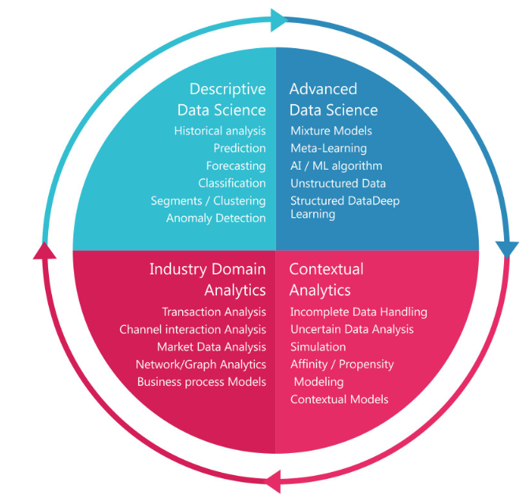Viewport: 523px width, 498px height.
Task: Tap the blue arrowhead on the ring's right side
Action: click(507, 249)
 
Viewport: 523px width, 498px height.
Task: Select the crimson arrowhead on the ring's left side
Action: click(45, 249)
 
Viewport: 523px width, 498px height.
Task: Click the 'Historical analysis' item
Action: click(219, 131)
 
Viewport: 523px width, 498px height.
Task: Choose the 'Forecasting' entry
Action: click(236, 166)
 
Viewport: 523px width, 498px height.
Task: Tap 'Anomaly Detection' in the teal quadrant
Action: click(215, 218)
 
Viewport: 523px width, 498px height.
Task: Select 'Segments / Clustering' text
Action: click(208, 200)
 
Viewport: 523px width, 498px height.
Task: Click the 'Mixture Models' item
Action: click(331, 131)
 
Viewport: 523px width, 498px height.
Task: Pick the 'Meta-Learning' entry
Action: click(328, 148)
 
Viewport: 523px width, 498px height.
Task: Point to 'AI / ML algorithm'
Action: click(336, 166)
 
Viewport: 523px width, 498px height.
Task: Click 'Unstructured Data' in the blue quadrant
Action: click(338, 183)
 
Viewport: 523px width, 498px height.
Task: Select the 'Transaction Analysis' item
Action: click(214, 312)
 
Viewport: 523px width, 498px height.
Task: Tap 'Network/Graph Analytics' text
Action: click(200, 364)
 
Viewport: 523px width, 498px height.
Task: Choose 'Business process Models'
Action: click(201, 381)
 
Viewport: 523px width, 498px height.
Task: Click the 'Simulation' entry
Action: click(318, 346)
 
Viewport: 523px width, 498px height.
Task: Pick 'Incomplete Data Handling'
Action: click(358, 312)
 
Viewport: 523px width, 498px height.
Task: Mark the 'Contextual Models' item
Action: click(339, 399)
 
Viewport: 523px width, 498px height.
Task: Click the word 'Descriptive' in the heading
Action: click(227, 88)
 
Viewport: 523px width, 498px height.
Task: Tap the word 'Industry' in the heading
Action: click(175, 269)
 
